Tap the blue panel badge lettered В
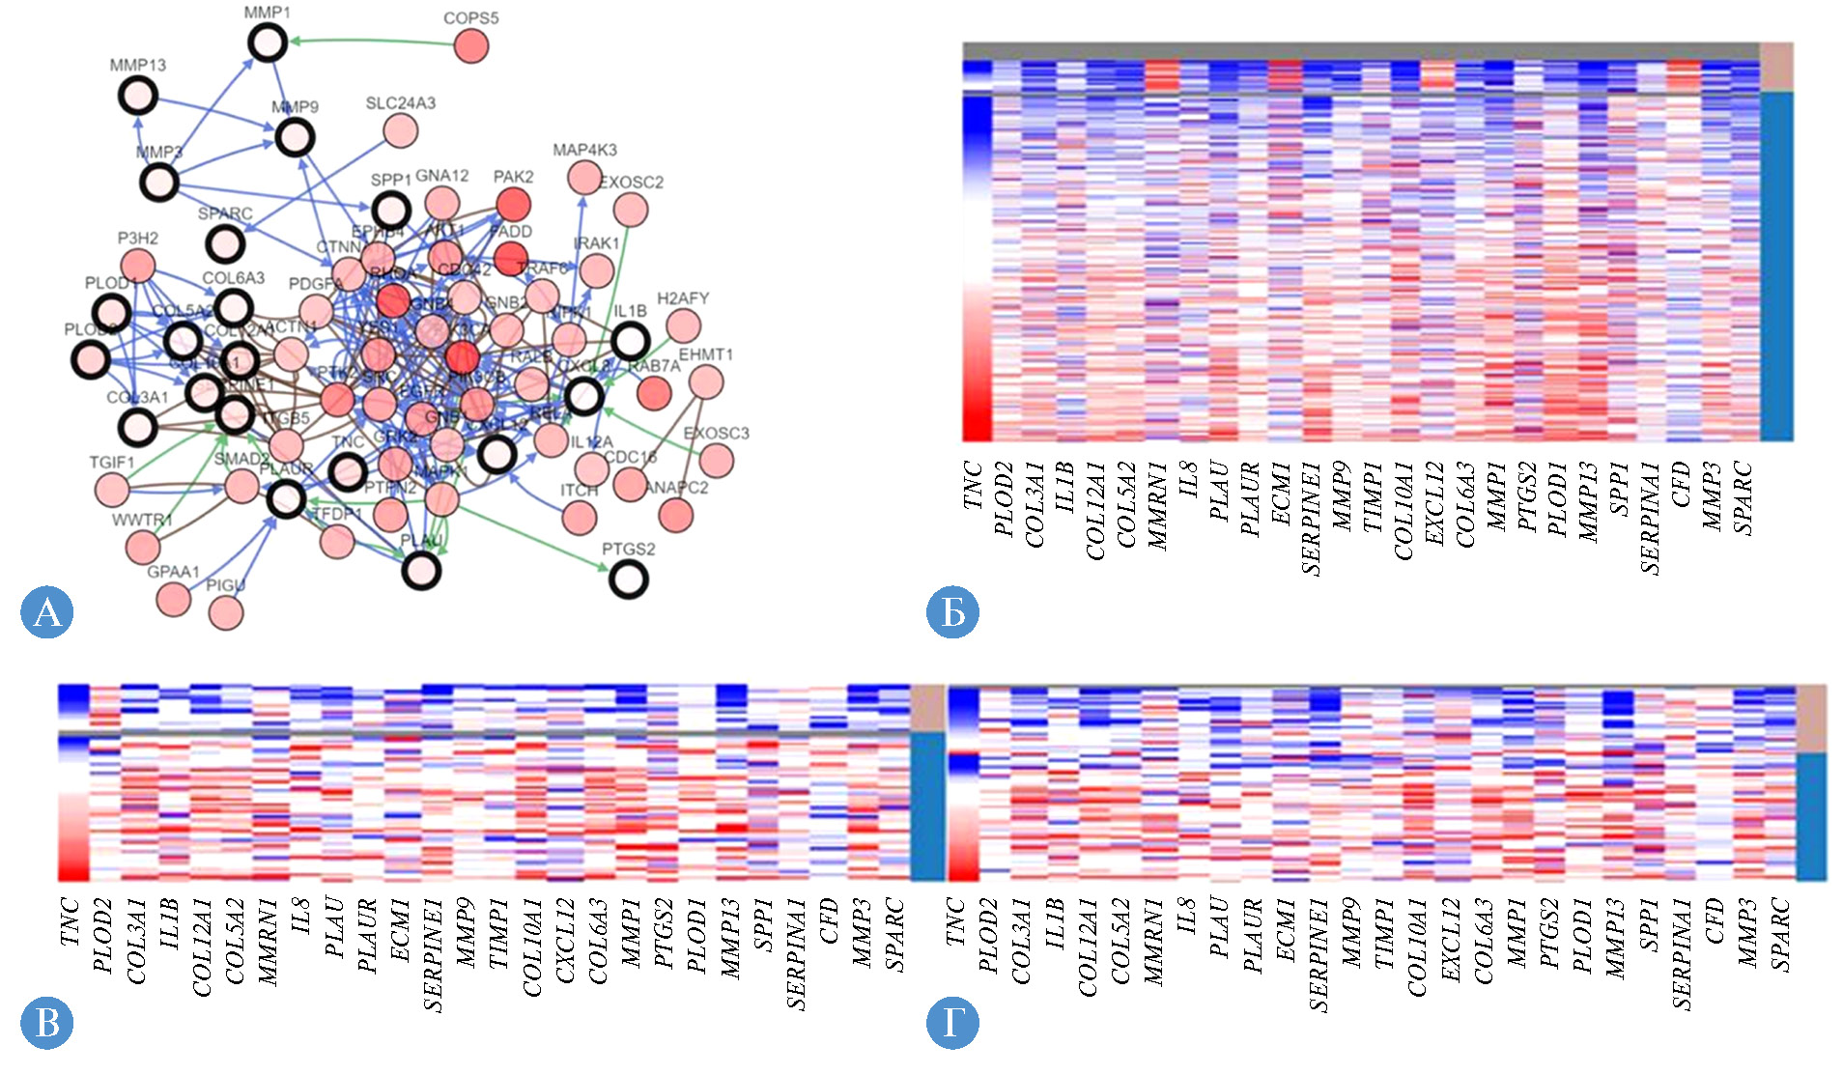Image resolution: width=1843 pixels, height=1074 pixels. (x=46, y=1022)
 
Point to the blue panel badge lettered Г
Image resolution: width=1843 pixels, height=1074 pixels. (x=952, y=1022)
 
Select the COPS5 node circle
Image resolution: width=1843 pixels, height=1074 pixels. (x=471, y=45)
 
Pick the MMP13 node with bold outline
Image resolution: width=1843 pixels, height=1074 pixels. (x=138, y=96)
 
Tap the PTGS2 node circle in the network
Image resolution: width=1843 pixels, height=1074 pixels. (x=629, y=579)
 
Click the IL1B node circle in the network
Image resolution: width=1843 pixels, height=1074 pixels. (x=630, y=341)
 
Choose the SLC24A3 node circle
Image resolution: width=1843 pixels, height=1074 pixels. (x=400, y=129)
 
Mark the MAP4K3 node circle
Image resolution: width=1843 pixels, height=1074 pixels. (x=584, y=177)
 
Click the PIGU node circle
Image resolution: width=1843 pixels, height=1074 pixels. (x=226, y=612)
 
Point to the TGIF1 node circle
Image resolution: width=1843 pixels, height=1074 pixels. (x=112, y=490)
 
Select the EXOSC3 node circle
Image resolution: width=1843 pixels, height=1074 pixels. (x=716, y=460)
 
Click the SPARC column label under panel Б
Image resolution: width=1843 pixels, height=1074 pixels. (x=1742, y=498)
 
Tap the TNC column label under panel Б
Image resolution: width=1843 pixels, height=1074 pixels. (x=973, y=485)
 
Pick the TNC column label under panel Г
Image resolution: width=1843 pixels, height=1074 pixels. (x=955, y=921)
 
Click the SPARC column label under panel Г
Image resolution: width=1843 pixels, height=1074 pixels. (x=1780, y=934)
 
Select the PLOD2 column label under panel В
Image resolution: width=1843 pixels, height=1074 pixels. (x=102, y=934)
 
